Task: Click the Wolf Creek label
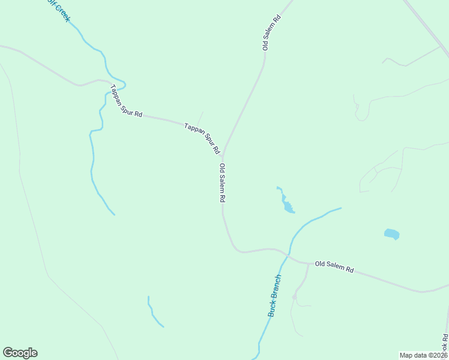58,11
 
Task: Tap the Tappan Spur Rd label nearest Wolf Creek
126,101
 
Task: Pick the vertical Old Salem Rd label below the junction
222,182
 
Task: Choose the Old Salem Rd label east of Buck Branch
334,266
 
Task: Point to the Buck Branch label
274,296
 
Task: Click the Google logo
20,353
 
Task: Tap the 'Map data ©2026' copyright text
423,355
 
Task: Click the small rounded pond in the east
391,234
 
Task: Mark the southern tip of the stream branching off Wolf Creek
113,214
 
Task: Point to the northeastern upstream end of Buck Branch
340,208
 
